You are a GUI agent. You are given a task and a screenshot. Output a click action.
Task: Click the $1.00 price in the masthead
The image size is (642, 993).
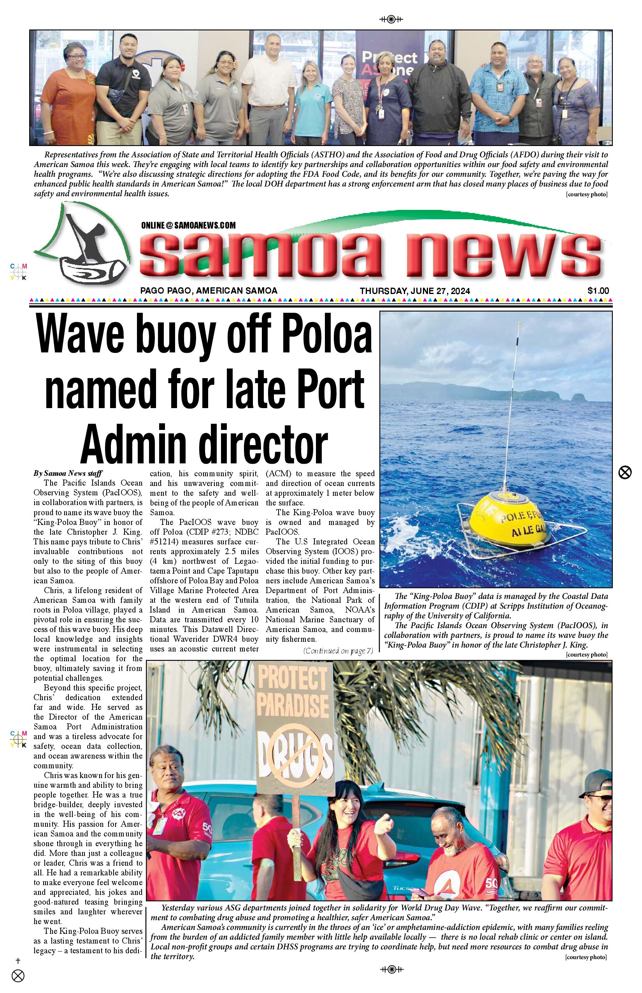point(598,291)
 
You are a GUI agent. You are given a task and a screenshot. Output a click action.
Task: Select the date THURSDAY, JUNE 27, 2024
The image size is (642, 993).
point(415,291)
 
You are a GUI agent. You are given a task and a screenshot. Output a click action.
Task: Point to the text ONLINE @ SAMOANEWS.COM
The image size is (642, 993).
point(188,225)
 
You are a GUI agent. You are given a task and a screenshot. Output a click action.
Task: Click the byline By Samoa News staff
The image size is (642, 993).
point(68,473)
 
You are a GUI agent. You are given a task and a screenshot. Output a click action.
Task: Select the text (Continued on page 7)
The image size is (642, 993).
point(338,650)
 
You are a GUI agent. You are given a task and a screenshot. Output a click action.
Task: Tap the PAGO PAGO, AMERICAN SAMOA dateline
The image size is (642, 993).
point(209,291)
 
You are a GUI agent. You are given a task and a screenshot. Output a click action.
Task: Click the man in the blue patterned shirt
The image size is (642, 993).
point(498,96)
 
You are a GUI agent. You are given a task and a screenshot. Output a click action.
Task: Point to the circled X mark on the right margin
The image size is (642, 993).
point(624,473)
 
